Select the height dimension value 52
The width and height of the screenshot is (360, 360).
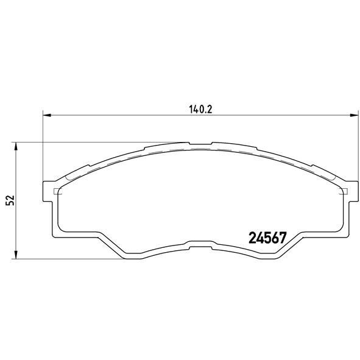[x=9, y=201]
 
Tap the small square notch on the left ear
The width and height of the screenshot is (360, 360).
[x=57, y=192]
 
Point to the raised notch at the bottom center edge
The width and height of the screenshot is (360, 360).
[x=200, y=247]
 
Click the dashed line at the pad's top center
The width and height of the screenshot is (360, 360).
[x=200, y=149]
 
